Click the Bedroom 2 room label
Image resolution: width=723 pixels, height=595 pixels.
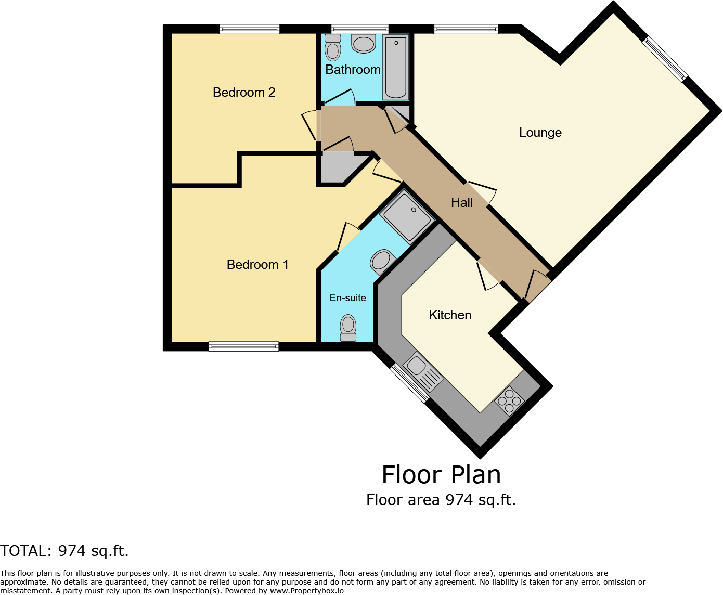click(x=244, y=93)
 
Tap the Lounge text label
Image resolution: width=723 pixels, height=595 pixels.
click(x=540, y=133)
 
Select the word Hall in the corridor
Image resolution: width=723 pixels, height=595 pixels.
click(x=461, y=203)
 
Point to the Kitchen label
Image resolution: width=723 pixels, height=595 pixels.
click(x=450, y=315)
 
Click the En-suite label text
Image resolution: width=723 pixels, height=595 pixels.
click(x=347, y=298)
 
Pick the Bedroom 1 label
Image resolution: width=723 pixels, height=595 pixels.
click(x=257, y=265)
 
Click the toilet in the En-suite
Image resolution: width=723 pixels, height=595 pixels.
click(x=348, y=328)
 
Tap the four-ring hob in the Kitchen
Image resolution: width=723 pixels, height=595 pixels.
click(x=509, y=401)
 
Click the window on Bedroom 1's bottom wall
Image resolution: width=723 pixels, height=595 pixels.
click(x=243, y=346)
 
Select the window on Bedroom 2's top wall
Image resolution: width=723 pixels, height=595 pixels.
click(x=249, y=29)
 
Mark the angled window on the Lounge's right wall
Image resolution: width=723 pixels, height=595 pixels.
click(x=664, y=59)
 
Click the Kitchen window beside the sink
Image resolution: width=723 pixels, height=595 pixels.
click(x=409, y=383)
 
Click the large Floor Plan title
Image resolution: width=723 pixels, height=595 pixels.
click(x=441, y=475)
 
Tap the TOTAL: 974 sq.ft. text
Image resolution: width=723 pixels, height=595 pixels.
click(x=64, y=551)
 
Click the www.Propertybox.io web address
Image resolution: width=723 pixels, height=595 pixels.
click(x=306, y=591)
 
